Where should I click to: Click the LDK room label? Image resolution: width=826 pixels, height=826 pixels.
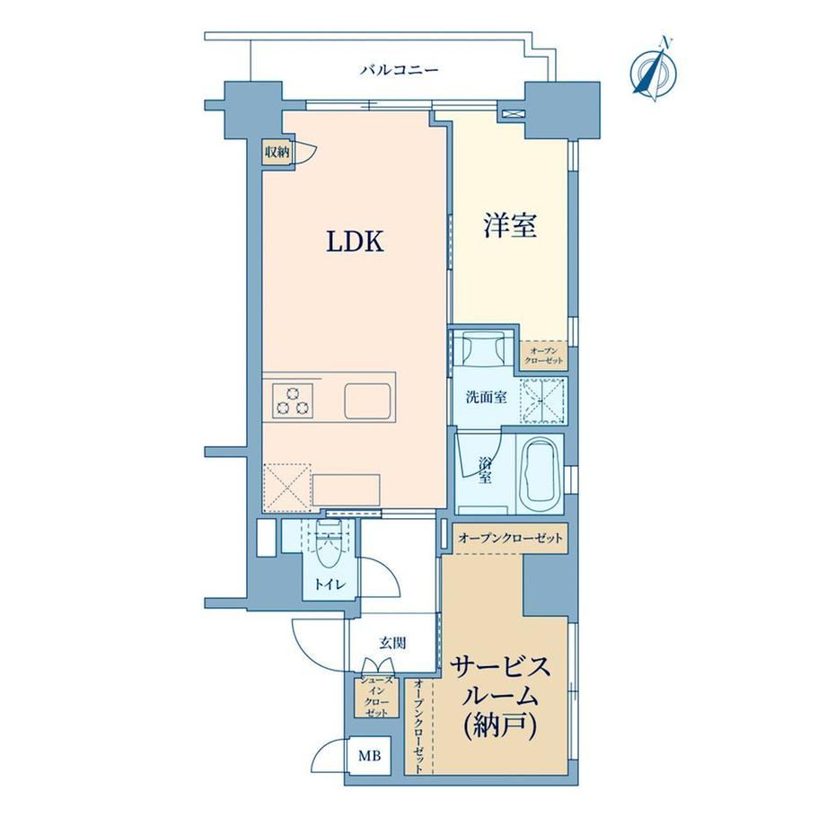coord(355,242)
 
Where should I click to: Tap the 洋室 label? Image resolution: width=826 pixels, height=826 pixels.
coord(510,226)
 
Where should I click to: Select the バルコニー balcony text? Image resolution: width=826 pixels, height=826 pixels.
coord(400,70)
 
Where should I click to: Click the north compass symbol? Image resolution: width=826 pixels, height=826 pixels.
coord(655,70)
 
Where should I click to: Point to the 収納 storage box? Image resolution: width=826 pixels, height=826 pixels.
coord(277,153)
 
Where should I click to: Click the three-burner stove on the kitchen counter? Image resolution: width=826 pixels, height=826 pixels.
coord(293,401)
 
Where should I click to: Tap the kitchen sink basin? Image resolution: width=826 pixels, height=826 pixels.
coord(368,401)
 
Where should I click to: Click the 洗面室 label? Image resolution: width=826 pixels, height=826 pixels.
coord(487,397)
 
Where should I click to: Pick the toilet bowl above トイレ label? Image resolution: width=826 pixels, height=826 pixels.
coord(330,544)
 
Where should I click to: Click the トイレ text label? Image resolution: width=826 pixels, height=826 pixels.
coord(330,584)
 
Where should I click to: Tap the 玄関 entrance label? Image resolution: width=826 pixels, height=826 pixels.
coord(393,643)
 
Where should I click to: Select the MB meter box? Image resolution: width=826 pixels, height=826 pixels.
coord(369,756)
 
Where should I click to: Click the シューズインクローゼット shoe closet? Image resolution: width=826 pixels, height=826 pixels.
coord(376,697)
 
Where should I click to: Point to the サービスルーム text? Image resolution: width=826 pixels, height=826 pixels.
coord(499,682)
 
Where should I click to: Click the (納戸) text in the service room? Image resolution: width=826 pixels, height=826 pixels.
coord(500,727)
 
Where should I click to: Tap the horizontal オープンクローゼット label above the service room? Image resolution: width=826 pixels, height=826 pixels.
coord(511,538)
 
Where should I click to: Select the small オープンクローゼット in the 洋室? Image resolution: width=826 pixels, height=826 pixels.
coord(544,355)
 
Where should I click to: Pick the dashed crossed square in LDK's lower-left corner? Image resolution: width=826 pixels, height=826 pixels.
coord(287,488)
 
